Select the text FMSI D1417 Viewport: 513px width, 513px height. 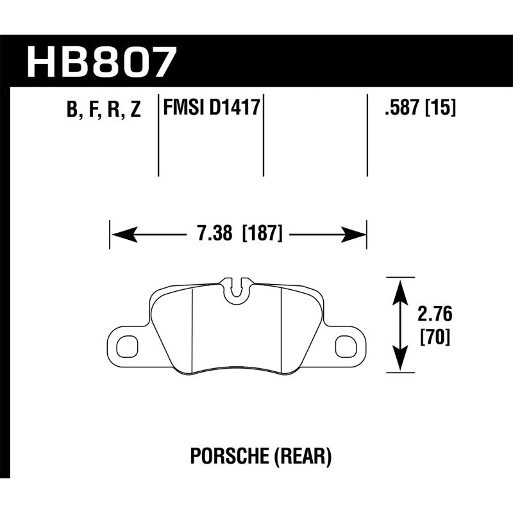point(212,107)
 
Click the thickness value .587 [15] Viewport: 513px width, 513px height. point(419,108)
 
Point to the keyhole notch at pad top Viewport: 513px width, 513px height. point(237,289)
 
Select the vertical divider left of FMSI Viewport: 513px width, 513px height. point(158,138)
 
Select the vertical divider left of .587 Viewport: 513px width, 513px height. point(367,138)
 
